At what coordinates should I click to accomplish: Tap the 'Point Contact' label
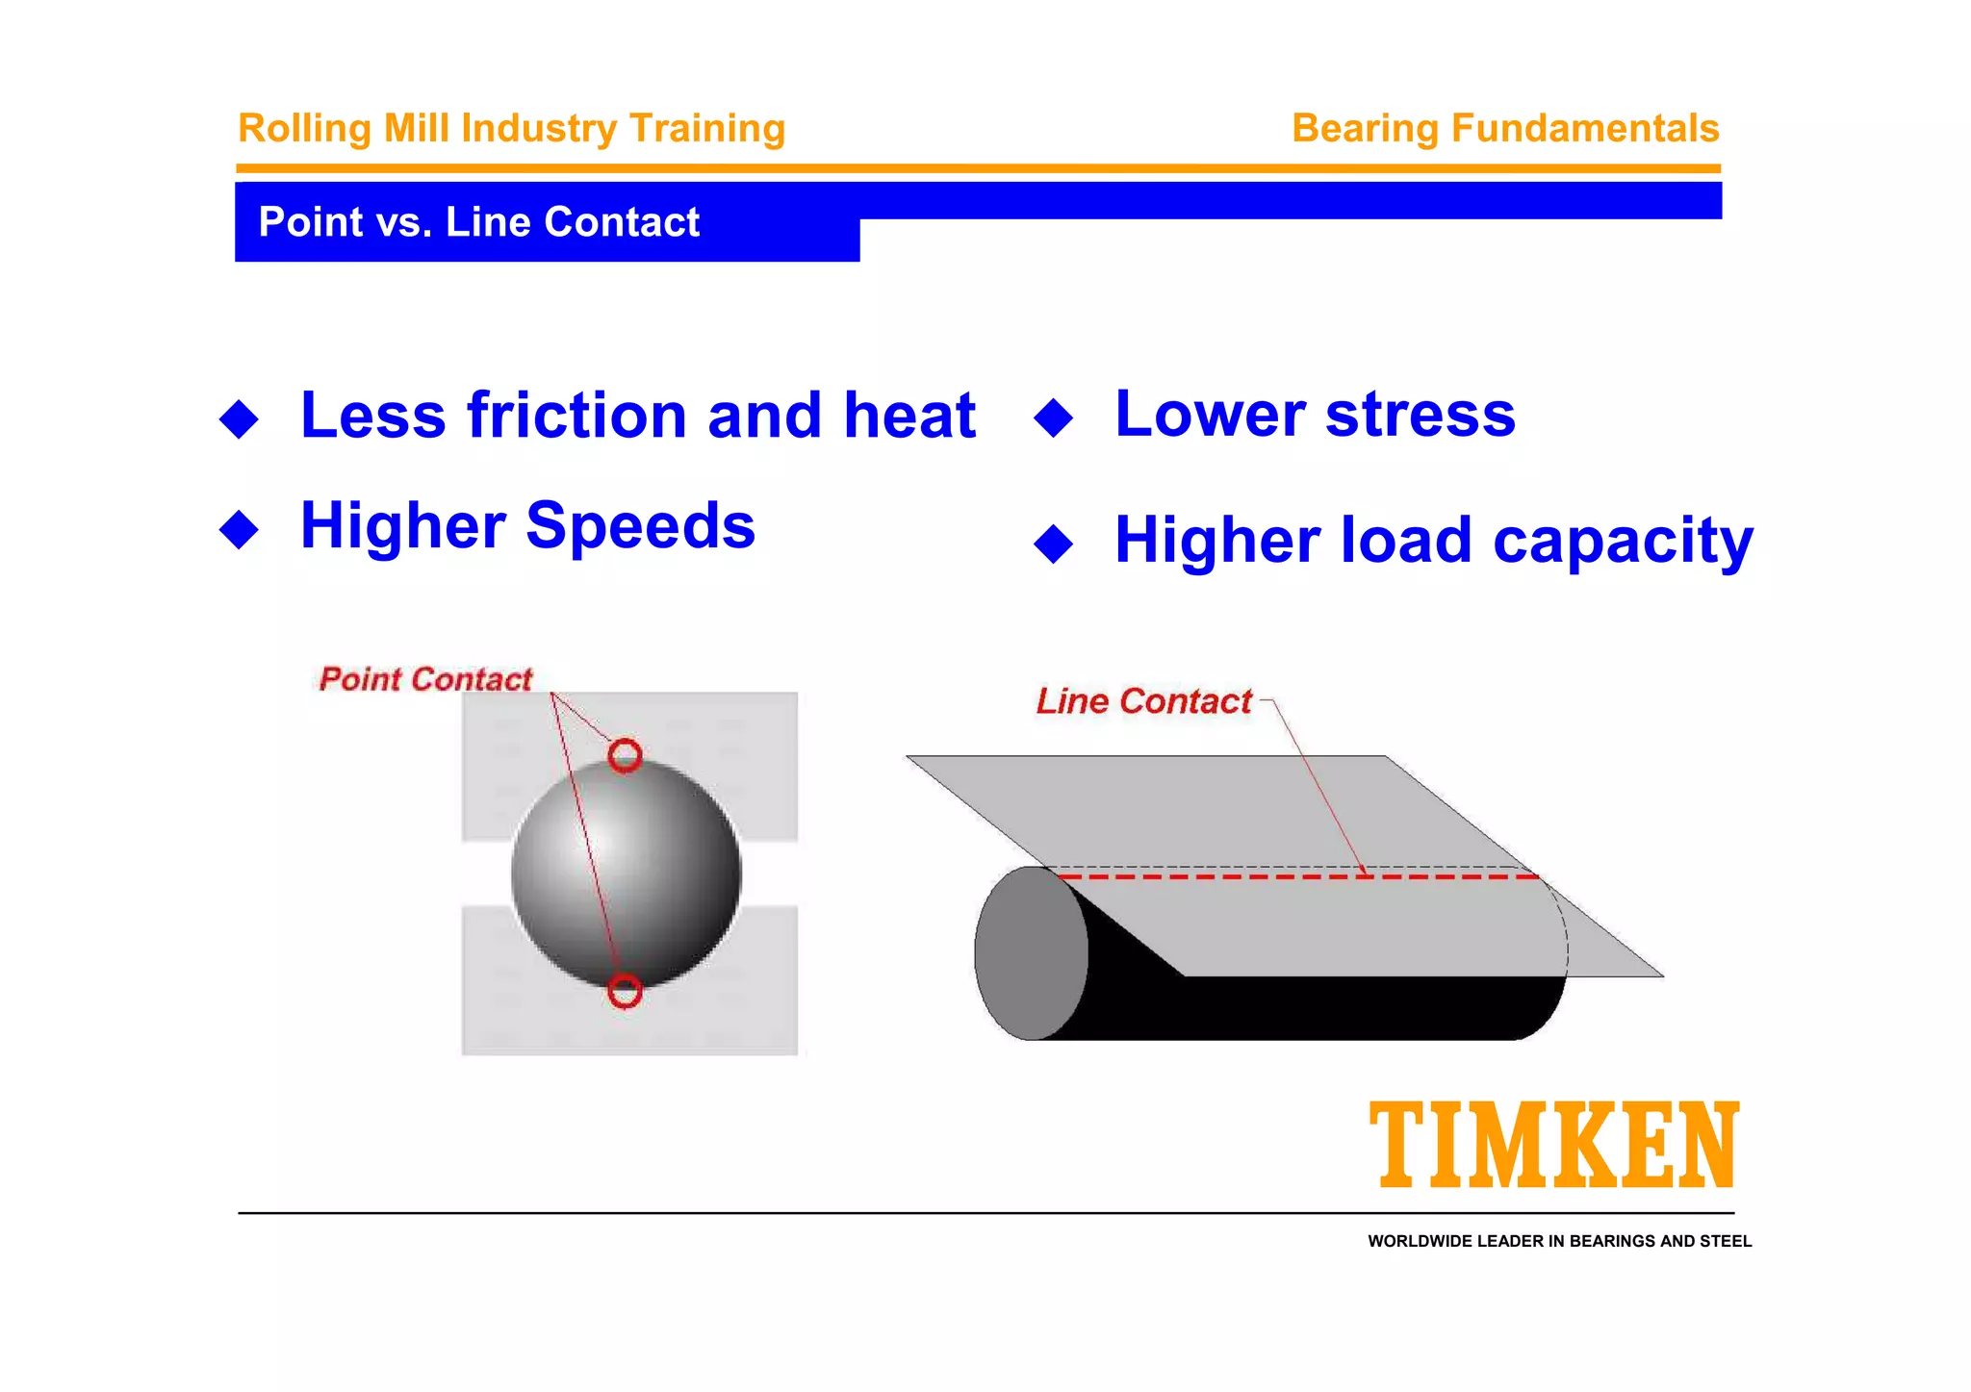[425, 679]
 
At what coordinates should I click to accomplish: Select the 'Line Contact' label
[1143, 701]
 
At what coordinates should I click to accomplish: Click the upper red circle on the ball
[625, 755]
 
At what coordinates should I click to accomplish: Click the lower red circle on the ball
[625, 991]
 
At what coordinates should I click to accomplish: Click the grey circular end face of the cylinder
[1031, 952]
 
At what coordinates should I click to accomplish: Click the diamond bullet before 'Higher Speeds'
[239, 529]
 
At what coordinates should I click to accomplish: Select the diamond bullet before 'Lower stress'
[1053, 418]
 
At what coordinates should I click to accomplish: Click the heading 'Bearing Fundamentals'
[1504, 128]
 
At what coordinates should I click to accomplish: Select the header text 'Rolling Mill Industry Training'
[511, 129]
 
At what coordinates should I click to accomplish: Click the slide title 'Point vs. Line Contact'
[478, 222]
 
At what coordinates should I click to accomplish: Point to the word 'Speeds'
[640, 526]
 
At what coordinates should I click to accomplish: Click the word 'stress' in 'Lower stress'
[1420, 416]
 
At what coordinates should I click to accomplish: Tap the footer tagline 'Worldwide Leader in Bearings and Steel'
[1559, 1241]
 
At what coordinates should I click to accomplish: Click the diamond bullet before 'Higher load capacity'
[1053, 544]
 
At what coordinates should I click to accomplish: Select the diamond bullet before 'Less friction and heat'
[239, 418]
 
